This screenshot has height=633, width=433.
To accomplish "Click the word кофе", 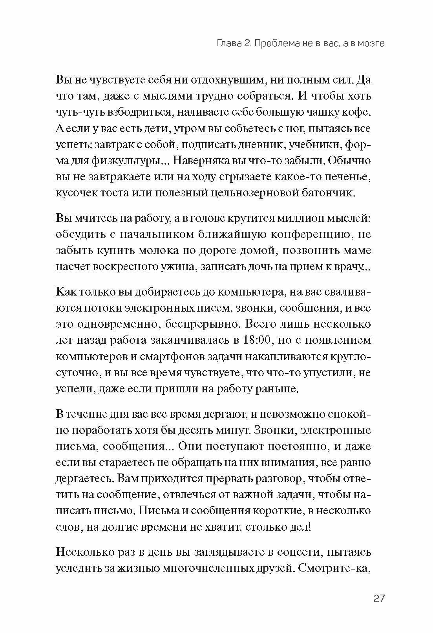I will point(357,112).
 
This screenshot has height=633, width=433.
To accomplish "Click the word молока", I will point(152,250).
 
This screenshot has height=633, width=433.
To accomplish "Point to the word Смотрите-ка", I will point(334,568).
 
